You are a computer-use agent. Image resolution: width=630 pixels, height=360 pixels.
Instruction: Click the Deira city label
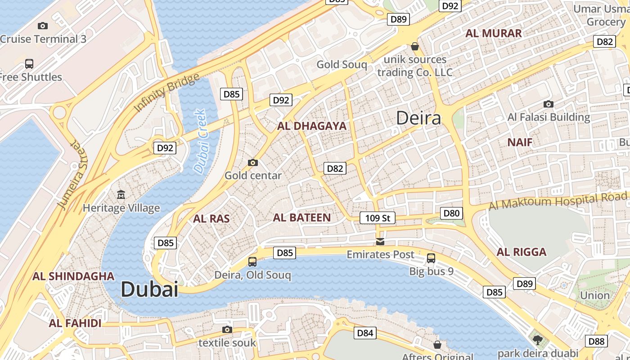coord(418,118)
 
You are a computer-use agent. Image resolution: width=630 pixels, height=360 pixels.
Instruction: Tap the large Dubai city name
coord(149,289)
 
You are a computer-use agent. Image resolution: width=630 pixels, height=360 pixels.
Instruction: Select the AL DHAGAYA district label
coord(312,126)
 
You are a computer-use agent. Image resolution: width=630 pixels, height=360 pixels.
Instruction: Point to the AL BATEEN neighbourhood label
coord(302,218)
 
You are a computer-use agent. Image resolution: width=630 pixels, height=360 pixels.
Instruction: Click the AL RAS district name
coord(211,219)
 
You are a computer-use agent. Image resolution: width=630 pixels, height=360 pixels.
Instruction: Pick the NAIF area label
coord(520,143)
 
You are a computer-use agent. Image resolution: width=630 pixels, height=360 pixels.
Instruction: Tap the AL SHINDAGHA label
coord(73,276)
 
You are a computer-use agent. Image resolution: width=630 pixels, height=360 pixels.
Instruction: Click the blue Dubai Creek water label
coord(200,141)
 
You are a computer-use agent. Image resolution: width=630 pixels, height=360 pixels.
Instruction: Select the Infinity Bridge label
coord(167,93)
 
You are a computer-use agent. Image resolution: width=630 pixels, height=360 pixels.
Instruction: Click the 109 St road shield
coord(377,218)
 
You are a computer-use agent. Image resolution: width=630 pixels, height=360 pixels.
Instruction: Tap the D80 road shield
coord(451,213)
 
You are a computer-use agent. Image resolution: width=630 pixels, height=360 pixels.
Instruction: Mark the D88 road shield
coord(596,341)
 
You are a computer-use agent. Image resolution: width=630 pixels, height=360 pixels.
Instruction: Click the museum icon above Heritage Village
coord(121,195)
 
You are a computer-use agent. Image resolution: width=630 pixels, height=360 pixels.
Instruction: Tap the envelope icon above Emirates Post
coord(380,242)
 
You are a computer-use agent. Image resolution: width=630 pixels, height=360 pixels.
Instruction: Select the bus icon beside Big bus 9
coord(431,258)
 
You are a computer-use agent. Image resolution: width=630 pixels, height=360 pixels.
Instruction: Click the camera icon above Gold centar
coord(253,162)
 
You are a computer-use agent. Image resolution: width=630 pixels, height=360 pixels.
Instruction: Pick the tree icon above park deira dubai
coord(537,339)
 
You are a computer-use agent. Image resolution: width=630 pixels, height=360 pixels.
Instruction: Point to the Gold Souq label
coord(342,64)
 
